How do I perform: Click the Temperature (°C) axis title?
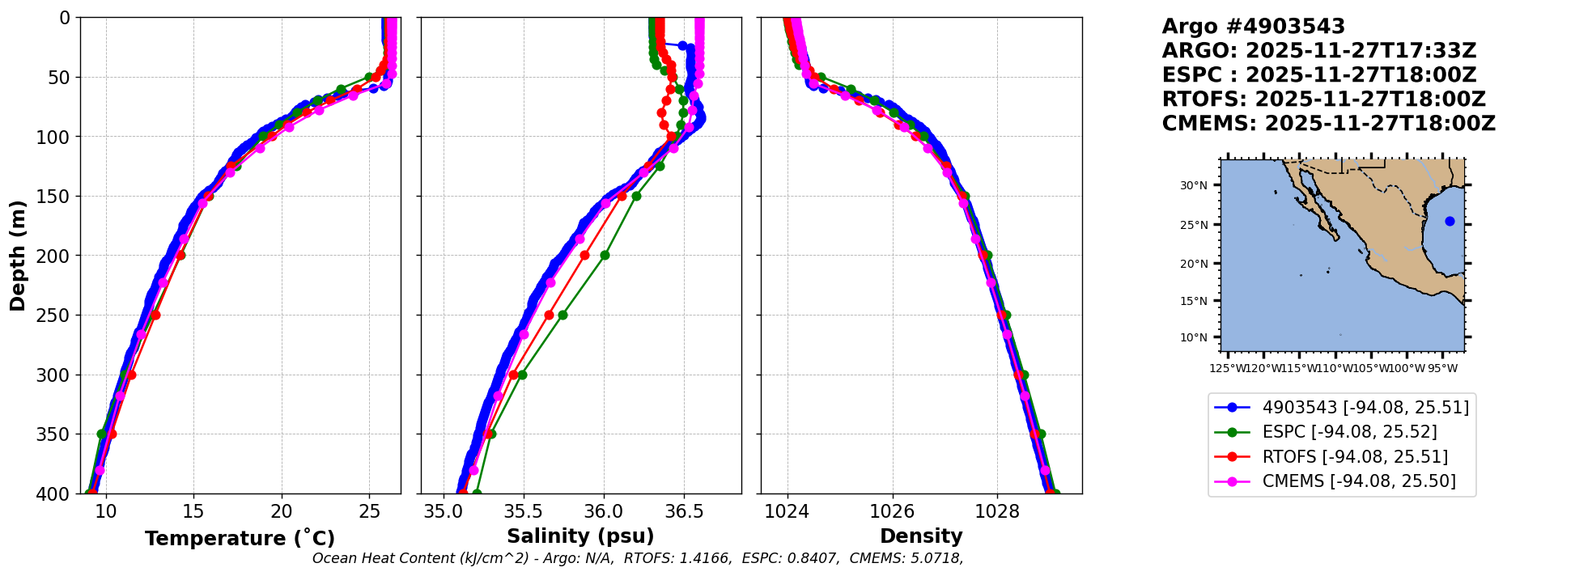[x=240, y=539]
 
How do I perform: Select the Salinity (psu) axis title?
[x=580, y=536]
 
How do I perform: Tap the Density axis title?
[x=921, y=536]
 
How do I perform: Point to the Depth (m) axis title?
[x=18, y=256]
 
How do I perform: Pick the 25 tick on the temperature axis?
[x=369, y=512]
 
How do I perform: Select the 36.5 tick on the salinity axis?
[x=683, y=512]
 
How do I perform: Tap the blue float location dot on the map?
[x=1450, y=221]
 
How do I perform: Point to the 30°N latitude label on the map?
[x=1193, y=186]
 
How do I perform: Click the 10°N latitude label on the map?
[x=1193, y=337]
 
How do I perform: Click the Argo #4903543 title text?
[x=1253, y=27]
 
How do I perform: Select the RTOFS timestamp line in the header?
[x=1323, y=100]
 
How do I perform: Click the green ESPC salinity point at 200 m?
[x=605, y=255]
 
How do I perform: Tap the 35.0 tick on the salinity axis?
[x=444, y=512]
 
